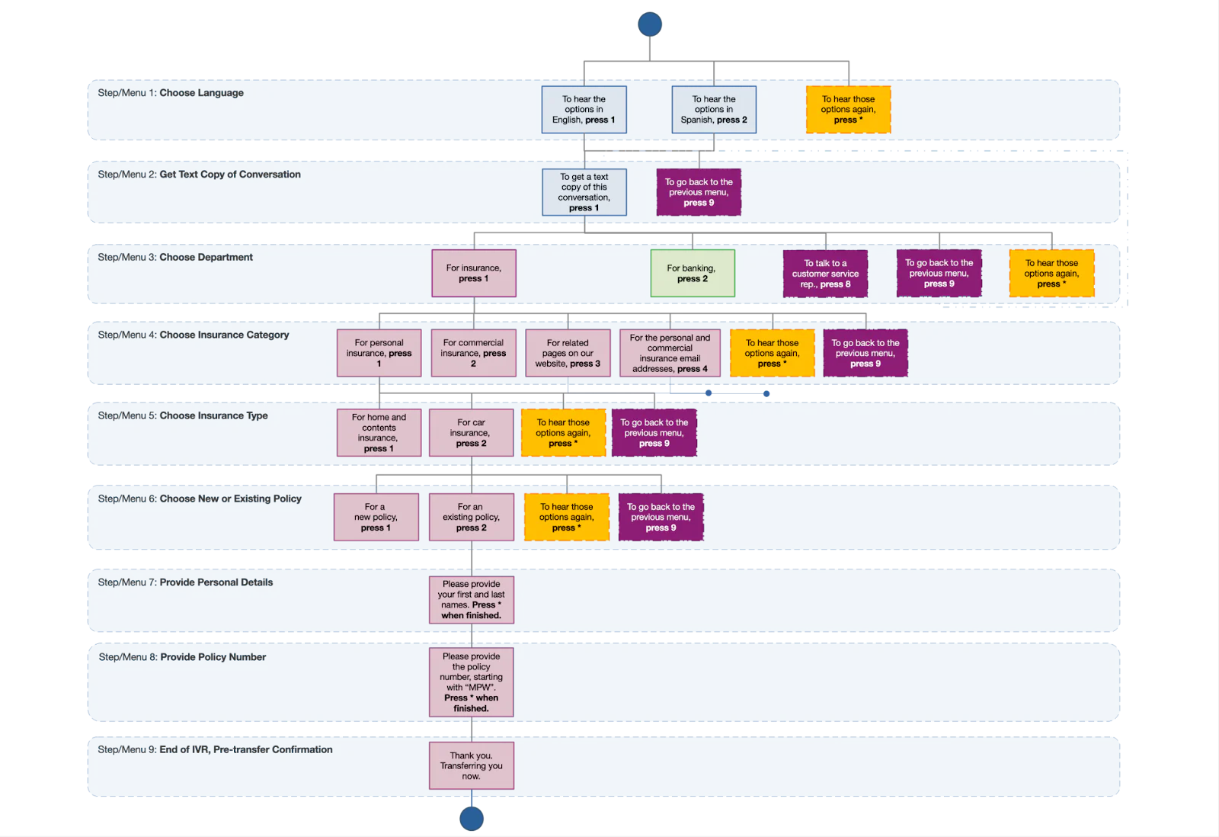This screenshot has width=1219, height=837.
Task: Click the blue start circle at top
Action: point(648,24)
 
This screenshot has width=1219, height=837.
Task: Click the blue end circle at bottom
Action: point(472,818)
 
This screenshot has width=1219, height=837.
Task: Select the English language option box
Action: point(584,110)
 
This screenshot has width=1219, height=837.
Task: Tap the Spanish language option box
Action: point(714,110)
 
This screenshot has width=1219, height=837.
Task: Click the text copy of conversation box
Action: point(584,192)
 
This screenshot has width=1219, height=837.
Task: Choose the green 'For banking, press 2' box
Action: point(692,273)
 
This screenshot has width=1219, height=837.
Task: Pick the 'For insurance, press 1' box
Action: point(474,273)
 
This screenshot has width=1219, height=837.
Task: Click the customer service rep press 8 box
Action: point(825,274)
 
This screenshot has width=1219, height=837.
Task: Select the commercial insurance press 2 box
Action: point(473,353)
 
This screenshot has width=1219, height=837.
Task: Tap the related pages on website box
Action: point(568,353)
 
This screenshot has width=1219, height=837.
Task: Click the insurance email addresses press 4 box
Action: point(670,353)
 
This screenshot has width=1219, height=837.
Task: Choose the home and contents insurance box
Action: point(379,433)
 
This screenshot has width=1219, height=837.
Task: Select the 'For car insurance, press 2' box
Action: point(471,433)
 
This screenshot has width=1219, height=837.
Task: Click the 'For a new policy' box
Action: point(376,517)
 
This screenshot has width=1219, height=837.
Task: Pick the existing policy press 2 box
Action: point(471,517)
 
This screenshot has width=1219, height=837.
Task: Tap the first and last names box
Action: point(471,600)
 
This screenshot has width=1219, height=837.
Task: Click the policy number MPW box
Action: point(471,682)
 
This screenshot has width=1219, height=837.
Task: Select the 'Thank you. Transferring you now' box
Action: point(471,765)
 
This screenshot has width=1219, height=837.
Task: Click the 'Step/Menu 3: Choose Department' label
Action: point(175,258)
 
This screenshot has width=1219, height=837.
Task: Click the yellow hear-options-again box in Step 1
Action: point(848,110)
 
